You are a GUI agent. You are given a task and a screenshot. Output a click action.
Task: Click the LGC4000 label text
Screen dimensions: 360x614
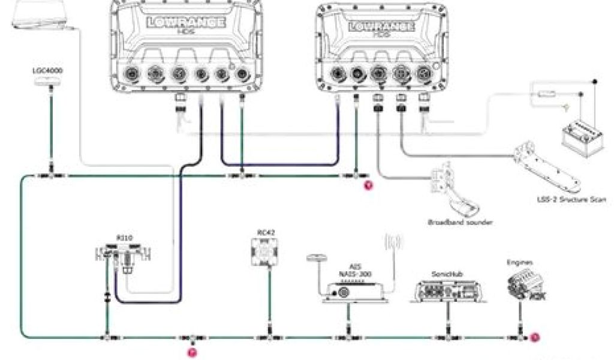(47, 70)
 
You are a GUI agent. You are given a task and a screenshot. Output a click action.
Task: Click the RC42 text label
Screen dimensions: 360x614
(264, 232)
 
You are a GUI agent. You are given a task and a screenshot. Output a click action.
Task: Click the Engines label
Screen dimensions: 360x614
(519, 262)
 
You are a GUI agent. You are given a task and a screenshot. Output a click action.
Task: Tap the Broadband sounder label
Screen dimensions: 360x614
(460, 222)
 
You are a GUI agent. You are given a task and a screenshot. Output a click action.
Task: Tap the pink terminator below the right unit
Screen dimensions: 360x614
(369, 185)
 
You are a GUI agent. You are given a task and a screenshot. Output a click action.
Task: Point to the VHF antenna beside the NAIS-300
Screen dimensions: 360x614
(395, 246)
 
